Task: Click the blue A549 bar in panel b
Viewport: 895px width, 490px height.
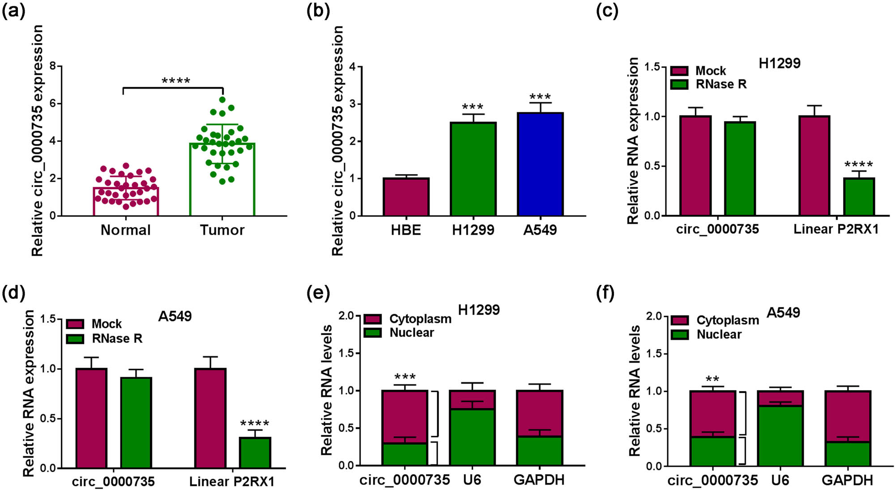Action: [540, 164]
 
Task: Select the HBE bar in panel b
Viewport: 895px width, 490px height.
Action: [406, 197]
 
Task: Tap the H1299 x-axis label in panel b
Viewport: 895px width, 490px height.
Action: [473, 230]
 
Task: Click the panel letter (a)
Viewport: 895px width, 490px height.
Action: [13, 10]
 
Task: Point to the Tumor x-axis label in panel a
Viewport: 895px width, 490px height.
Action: [222, 230]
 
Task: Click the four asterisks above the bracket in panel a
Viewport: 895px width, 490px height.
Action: [176, 81]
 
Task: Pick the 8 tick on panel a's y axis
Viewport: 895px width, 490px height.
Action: [53, 66]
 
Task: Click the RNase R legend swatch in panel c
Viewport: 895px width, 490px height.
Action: [679, 84]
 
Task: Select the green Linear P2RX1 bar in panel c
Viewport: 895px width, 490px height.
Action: [859, 197]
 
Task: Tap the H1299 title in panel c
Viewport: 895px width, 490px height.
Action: [779, 64]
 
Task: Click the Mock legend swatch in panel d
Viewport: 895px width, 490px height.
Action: [75, 324]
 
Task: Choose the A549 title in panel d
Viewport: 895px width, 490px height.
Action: [175, 316]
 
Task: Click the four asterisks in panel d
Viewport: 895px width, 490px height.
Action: [255, 423]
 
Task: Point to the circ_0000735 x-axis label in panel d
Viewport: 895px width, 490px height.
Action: [113, 481]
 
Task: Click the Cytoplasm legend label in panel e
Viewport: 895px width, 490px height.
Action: [420, 319]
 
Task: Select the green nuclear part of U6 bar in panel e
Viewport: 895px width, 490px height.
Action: [472, 437]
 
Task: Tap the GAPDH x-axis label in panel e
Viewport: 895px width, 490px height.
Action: [539, 480]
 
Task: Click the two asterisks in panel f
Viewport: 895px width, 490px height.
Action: [712, 379]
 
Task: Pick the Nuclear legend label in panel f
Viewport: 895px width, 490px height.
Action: [719, 334]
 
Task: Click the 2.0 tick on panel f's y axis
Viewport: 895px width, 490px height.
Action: [654, 316]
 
